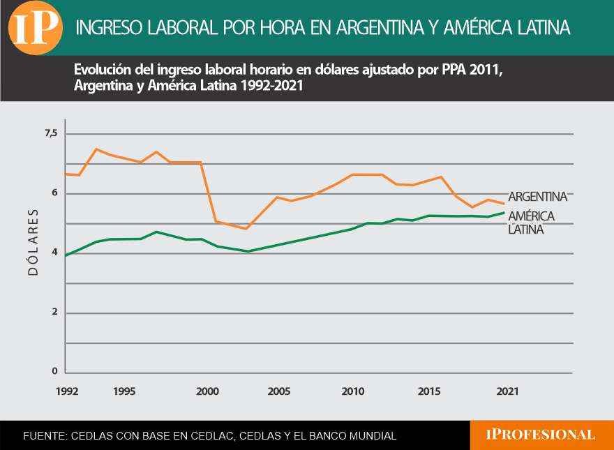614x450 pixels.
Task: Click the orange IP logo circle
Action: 34,28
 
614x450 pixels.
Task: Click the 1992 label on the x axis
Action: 67,392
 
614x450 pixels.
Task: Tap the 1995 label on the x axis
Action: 124,392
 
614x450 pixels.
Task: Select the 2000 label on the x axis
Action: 208,392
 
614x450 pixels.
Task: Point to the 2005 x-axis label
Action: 279,392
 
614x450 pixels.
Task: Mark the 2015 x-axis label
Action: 429,392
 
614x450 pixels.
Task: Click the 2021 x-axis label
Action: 507,392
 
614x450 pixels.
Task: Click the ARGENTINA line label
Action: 537,197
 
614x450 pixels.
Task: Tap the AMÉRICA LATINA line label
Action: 531,222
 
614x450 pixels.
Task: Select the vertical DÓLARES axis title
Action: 33,241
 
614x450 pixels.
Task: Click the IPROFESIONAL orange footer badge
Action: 541,435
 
